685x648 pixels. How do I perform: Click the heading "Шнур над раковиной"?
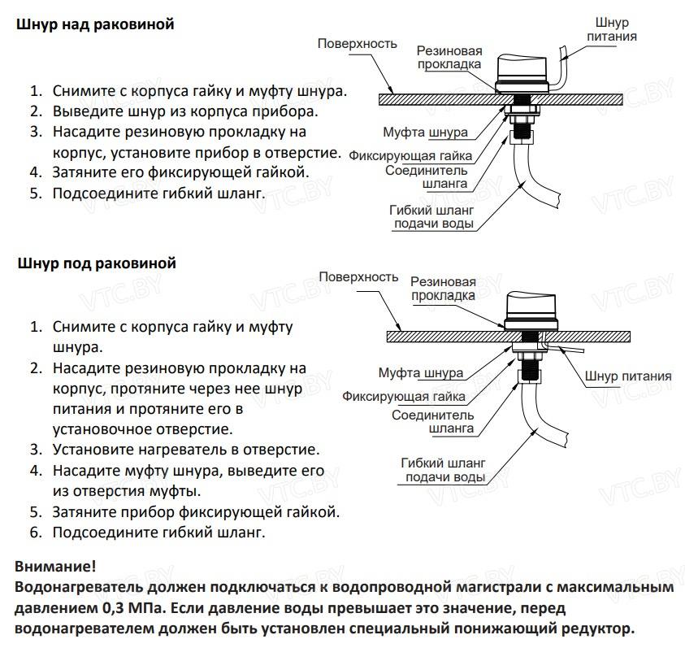coord(95,25)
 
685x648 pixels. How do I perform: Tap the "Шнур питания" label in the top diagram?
coord(611,30)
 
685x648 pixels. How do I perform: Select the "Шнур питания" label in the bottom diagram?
coord(628,376)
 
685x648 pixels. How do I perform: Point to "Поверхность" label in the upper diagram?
coord(357,43)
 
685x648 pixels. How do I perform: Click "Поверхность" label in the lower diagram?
coord(358,277)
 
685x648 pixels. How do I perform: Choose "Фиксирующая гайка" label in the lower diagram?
coord(404,397)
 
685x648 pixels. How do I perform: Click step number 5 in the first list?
coord(35,194)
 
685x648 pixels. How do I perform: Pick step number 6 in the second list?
coord(35,533)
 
